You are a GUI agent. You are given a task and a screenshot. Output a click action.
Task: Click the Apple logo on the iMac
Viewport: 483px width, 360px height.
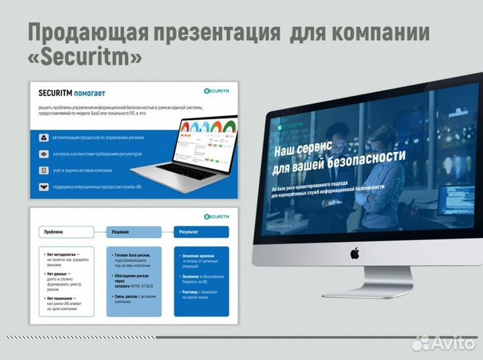pyautogui.click(x=354, y=253)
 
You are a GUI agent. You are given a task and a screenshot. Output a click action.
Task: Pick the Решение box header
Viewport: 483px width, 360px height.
pyautogui.click(x=134, y=231)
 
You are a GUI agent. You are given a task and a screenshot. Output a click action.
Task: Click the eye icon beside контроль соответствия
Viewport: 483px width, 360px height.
pyautogui.click(x=44, y=154)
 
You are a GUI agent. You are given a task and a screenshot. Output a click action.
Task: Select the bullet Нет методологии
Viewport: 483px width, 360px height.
pyautogui.click(x=61, y=255)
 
